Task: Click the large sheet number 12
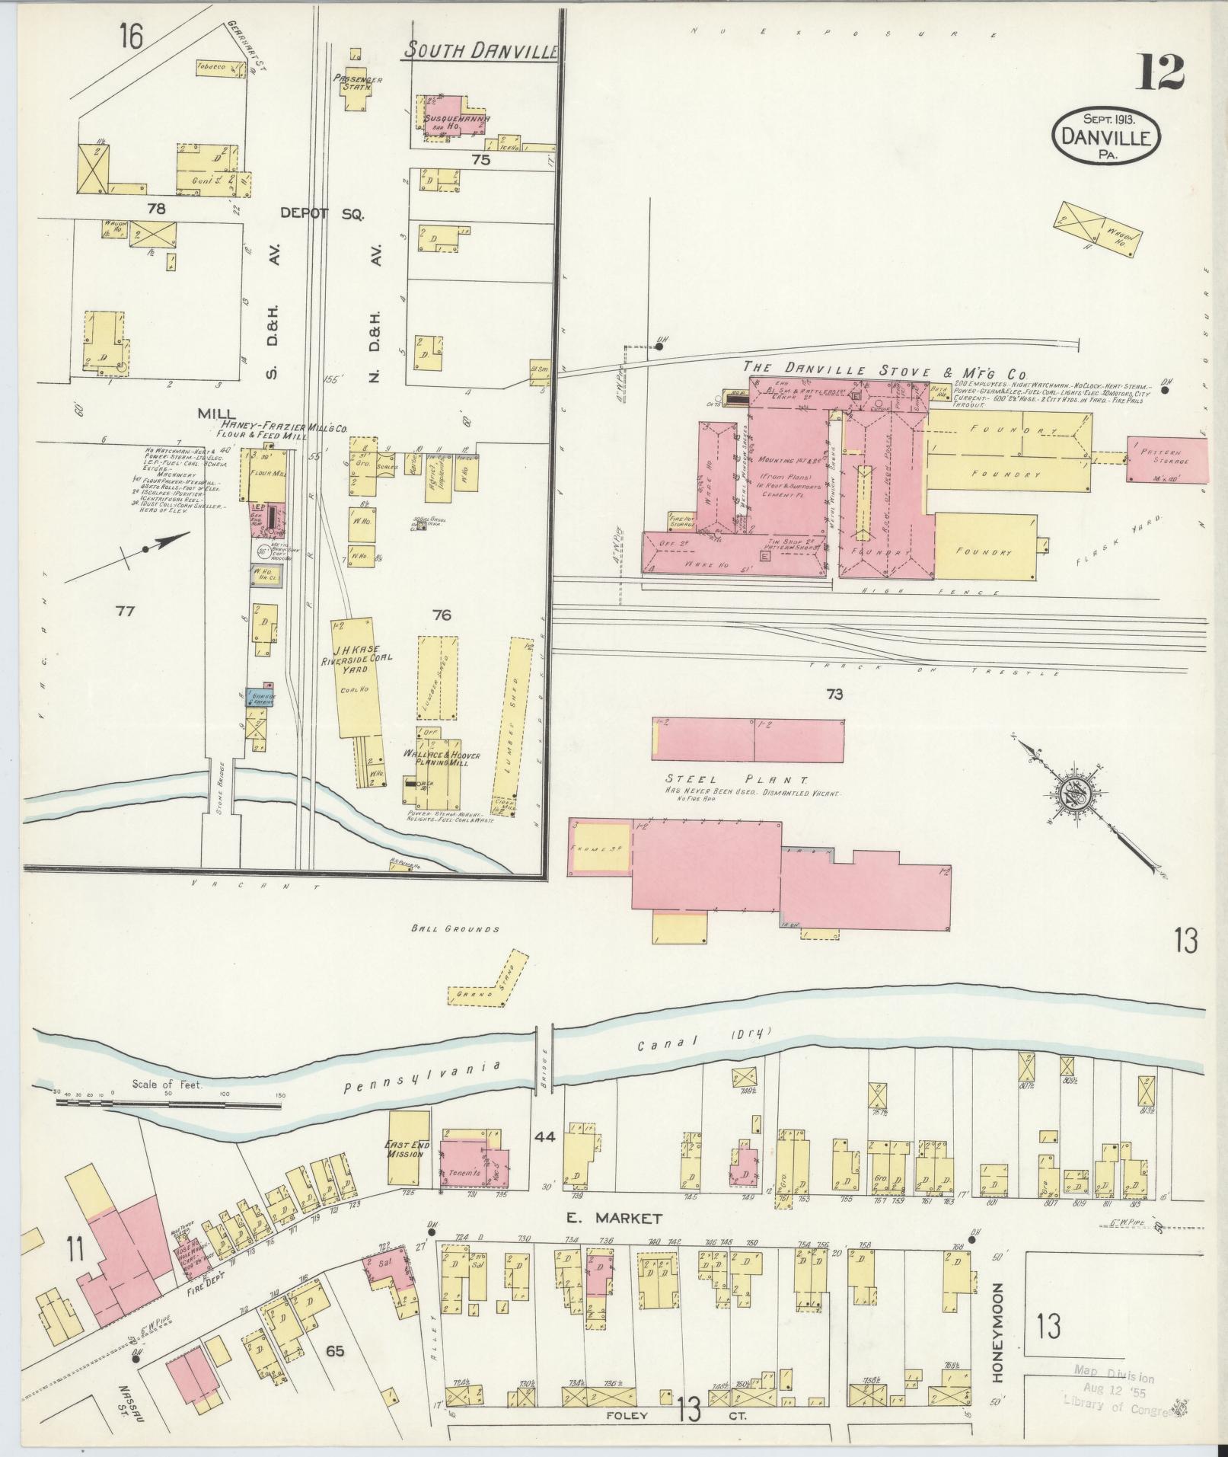click(x=1162, y=74)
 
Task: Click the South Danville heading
click(x=480, y=51)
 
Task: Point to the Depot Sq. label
click(x=322, y=214)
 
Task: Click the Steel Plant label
click(x=726, y=780)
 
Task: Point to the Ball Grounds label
click(x=455, y=928)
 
